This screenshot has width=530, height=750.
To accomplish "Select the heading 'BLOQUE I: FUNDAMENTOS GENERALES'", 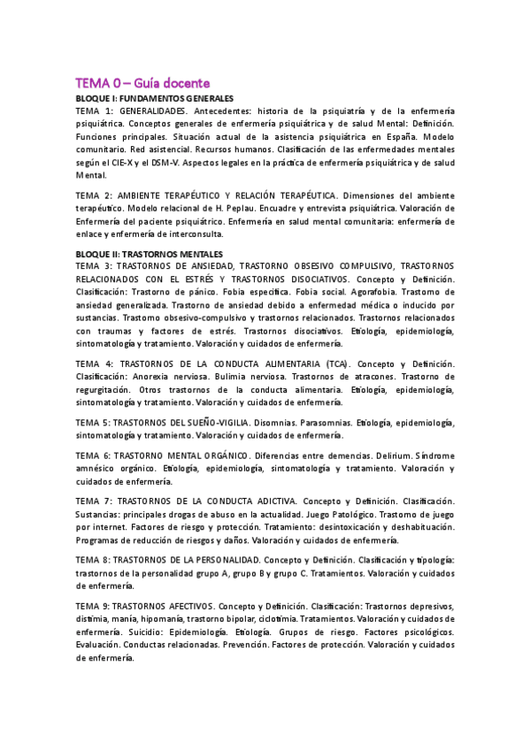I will (155, 97).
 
